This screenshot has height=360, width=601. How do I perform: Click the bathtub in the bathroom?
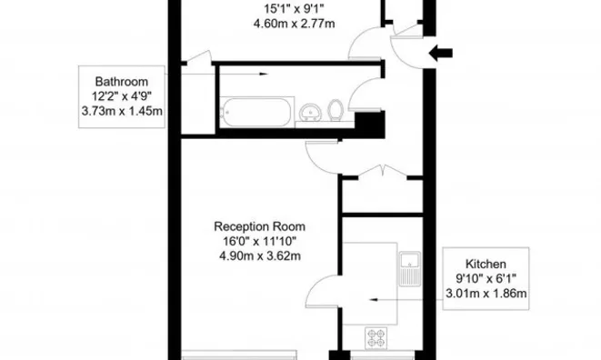click(x=256, y=113)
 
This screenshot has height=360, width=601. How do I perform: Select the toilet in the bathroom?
click(x=336, y=110)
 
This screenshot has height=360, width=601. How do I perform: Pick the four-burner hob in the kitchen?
click(x=377, y=337)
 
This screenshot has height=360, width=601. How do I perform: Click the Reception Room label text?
click(x=259, y=226)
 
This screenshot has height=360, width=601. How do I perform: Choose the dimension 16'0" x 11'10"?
click(x=259, y=241)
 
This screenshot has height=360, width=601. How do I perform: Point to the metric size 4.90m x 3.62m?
click(x=259, y=255)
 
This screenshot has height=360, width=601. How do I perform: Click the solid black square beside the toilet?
click(x=367, y=125)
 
